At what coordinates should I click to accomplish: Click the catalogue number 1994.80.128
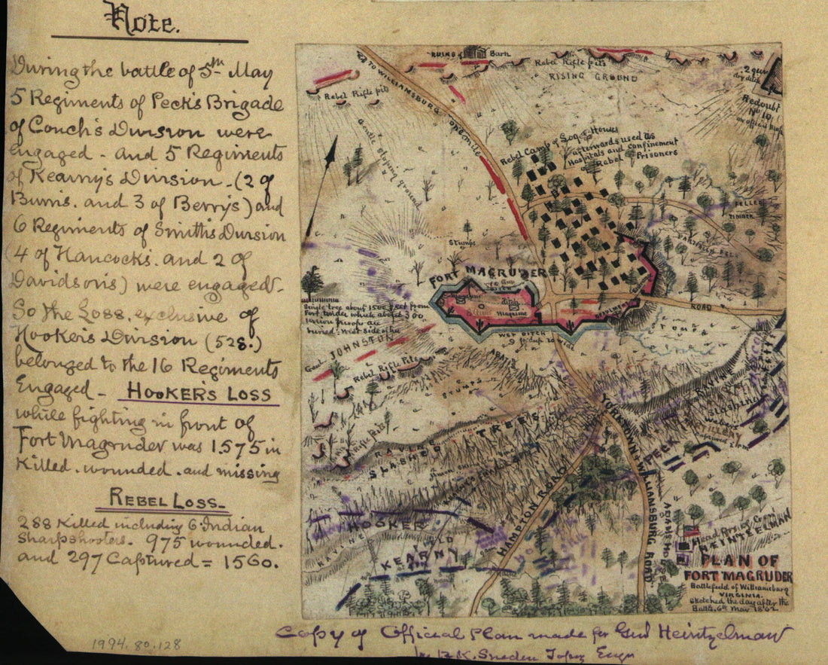[136, 645]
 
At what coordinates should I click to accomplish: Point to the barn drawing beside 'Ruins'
[474, 53]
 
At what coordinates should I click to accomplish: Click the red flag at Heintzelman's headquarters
[689, 531]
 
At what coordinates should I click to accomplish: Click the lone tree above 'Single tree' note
[312, 280]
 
